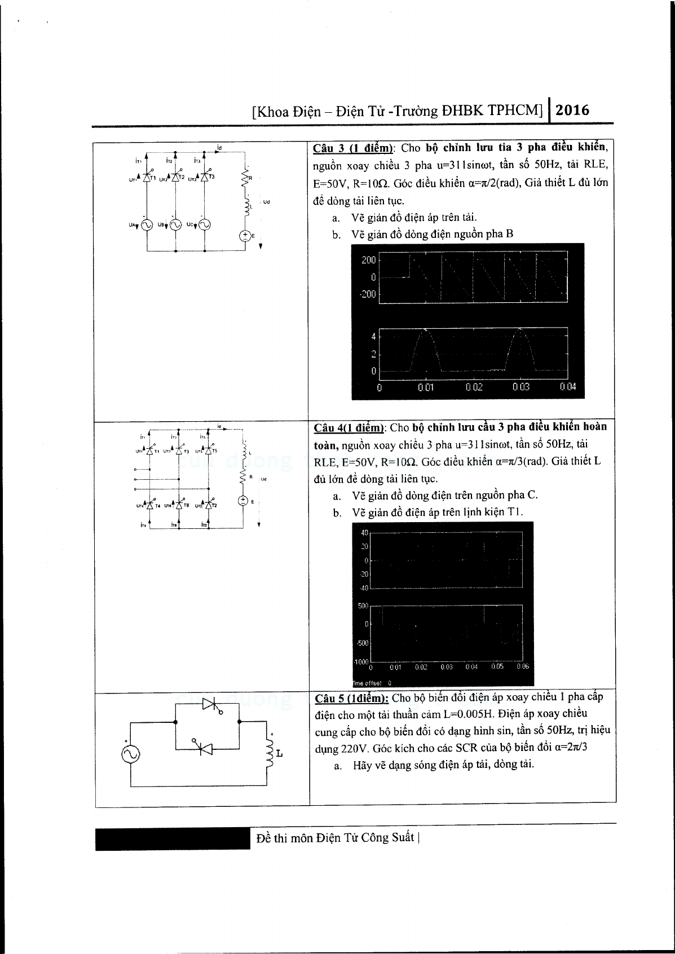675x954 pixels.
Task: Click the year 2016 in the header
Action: coord(572,109)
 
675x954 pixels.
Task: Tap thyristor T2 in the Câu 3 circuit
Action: coord(176,176)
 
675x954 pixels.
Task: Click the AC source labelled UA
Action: coord(147,225)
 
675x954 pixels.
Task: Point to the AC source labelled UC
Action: coord(204,225)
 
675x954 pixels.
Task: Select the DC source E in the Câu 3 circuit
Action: coord(245,236)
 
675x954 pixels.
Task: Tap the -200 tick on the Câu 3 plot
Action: coord(368,294)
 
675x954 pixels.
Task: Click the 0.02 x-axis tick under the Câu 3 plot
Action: coord(474,387)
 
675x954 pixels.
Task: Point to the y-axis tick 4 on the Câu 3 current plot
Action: coord(373,337)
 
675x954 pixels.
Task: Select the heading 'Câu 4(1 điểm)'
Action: coord(349,427)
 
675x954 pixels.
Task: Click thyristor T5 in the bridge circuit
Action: coord(209,450)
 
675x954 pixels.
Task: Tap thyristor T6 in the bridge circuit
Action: coord(179,505)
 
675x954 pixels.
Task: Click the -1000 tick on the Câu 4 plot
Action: coord(360,661)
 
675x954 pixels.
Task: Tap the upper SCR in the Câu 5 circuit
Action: coord(210,704)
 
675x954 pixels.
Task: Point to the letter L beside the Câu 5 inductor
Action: coord(280,753)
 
